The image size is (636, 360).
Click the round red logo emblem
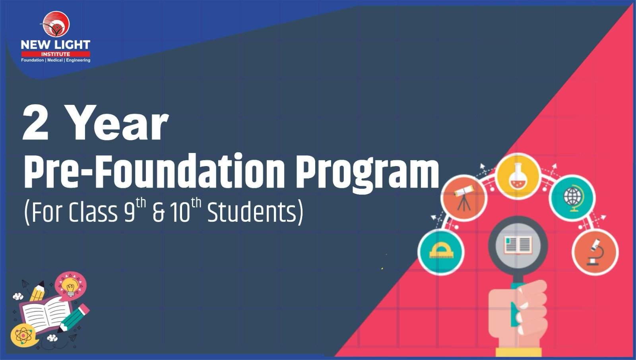tap(56, 24)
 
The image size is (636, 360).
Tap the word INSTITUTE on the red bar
tap(56, 54)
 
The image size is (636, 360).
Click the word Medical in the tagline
tap(55, 60)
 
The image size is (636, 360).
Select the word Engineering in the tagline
tap(78, 60)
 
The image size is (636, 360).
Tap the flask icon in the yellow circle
tap(518, 176)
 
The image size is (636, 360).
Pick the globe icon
tap(572, 198)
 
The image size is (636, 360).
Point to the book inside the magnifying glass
tap(518, 245)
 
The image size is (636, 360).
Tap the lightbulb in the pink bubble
tap(70, 287)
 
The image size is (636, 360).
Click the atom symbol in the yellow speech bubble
tap(22, 336)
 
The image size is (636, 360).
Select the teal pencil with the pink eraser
tap(73, 318)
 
